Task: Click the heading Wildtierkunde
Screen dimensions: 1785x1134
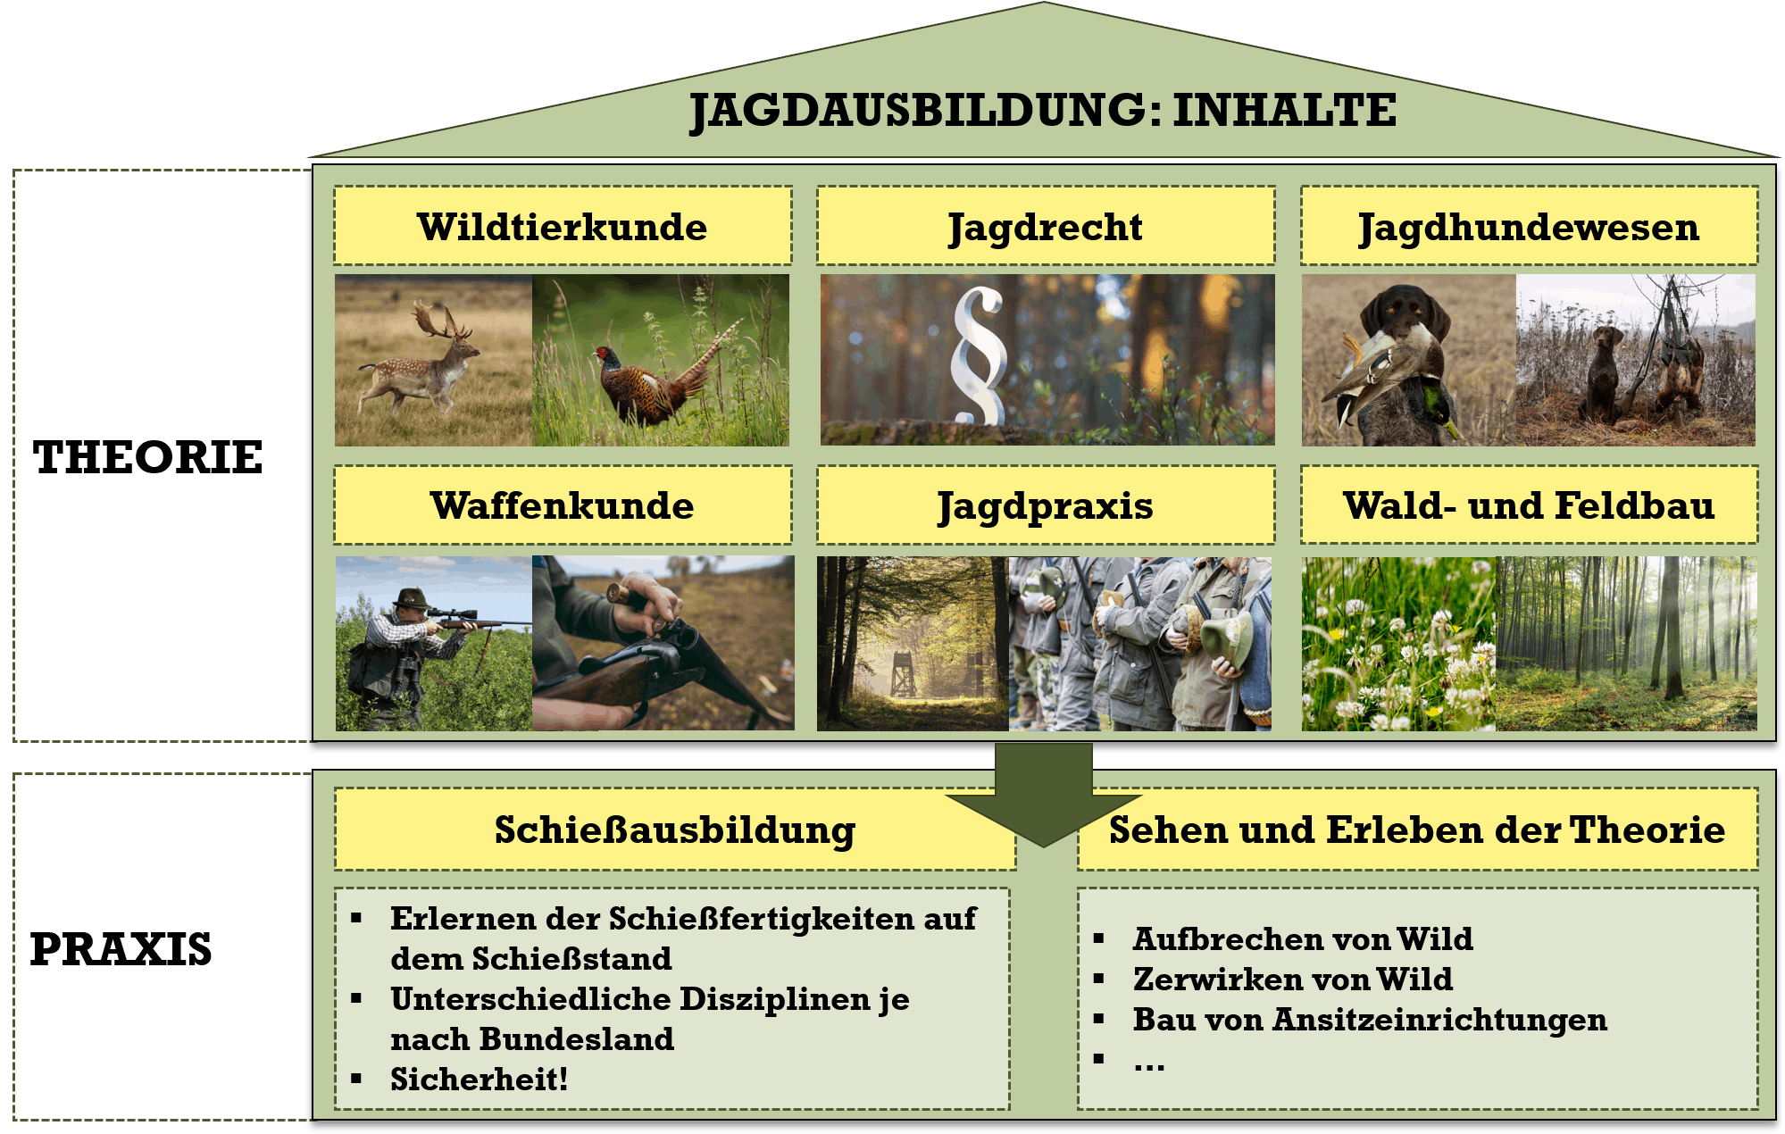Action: [x=563, y=227]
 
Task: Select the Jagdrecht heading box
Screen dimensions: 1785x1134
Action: [x=1046, y=226]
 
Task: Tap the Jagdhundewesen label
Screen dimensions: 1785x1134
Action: [x=1529, y=228]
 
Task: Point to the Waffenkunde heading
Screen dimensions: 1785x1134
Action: [x=563, y=505]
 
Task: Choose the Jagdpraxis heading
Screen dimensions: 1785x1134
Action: [x=1046, y=507]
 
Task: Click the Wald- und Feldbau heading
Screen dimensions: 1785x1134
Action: [x=1529, y=505]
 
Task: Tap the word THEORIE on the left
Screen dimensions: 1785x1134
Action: [x=148, y=457]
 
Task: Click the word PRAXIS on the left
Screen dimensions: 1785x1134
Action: [x=121, y=948]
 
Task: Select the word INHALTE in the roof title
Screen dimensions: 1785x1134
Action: [x=1284, y=110]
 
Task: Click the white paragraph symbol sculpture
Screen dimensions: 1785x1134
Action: [x=980, y=355]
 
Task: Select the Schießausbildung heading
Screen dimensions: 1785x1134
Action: [x=675, y=830]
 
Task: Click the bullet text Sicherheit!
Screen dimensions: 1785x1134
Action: [x=480, y=1079]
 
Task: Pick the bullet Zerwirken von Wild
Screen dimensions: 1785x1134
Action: [x=1293, y=979]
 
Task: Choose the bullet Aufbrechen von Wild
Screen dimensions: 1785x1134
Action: [x=1303, y=938]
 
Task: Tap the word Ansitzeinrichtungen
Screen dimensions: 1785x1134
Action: [x=1439, y=1019]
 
